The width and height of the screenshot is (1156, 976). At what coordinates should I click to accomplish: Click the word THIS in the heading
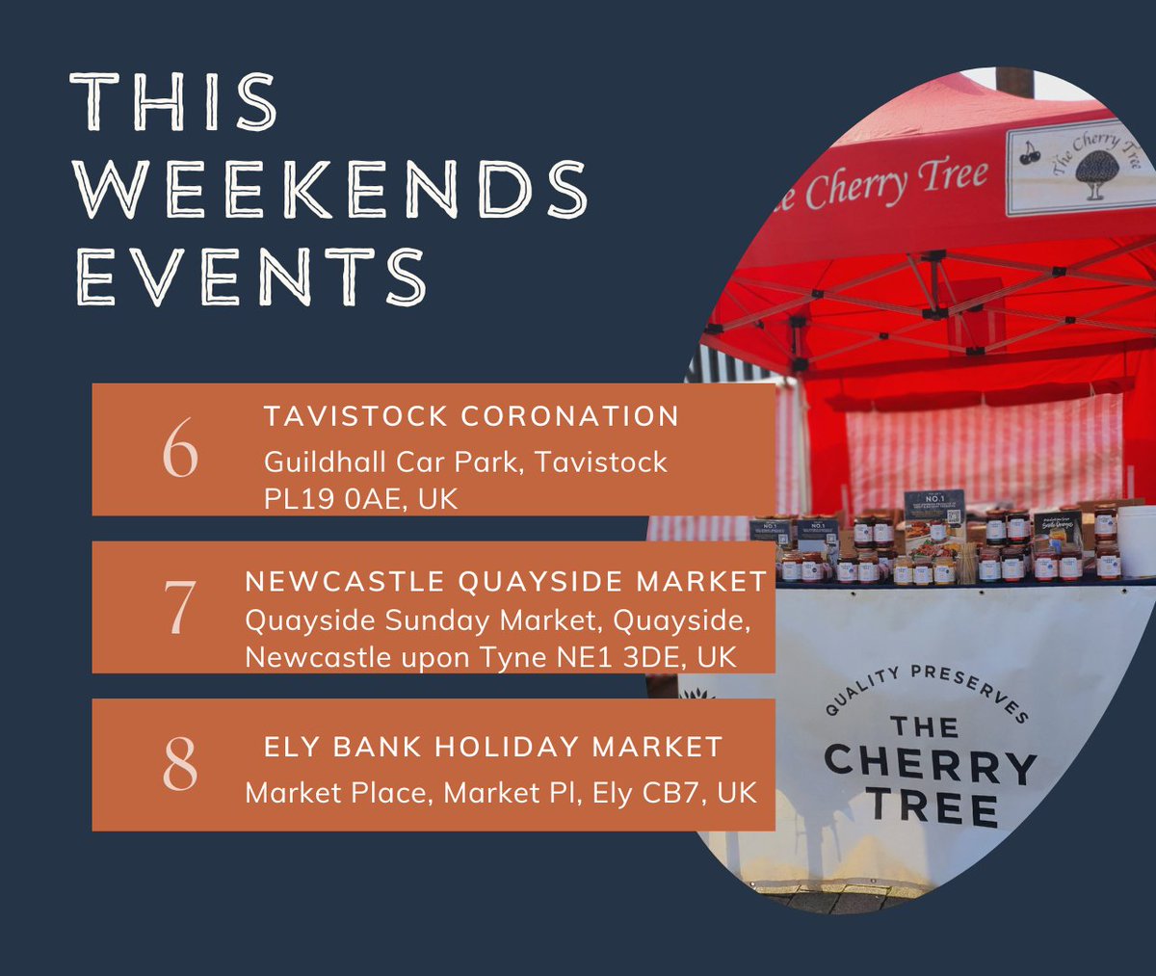[x=174, y=101]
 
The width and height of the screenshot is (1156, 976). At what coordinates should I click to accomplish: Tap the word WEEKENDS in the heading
[x=330, y=189]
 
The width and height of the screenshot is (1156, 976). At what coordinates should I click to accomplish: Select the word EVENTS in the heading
[x=250, y=276]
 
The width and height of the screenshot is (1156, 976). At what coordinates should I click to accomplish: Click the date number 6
[x=180, y=449]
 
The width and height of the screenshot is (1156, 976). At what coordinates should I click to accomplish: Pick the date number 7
[x=180, y=608]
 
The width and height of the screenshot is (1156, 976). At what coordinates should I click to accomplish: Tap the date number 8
[x=180, y=765]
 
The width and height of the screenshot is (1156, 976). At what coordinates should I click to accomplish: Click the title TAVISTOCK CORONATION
[x=471, y=417]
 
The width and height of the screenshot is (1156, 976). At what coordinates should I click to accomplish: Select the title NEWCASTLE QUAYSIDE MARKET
[x=506, y=582]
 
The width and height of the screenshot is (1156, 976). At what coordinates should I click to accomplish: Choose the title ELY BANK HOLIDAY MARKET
[x=492, y=747]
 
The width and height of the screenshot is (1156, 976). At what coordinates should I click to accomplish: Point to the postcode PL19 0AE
[x=334, y=499]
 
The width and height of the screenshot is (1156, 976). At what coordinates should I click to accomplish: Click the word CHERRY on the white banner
[x=930, y=765]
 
